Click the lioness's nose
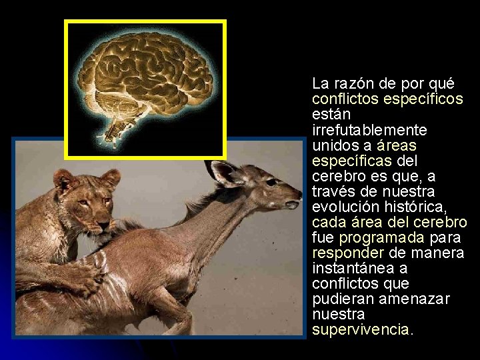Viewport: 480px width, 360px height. (101, 219)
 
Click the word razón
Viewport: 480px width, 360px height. (353, 84)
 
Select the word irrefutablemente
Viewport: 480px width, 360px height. (360, 130)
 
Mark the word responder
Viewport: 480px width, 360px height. (347, 253)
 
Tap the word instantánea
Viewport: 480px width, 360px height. (355, 268)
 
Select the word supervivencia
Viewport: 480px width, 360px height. (361, 329)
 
